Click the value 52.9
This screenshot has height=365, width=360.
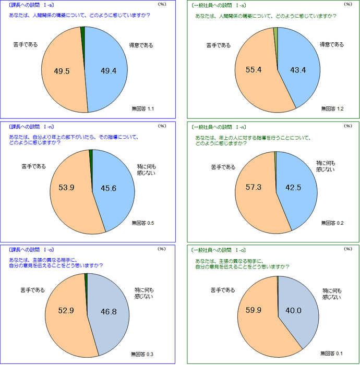[x=67, y=311]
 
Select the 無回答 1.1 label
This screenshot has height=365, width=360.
[x=143, y=108]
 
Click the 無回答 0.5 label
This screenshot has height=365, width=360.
[x=143, y=223]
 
